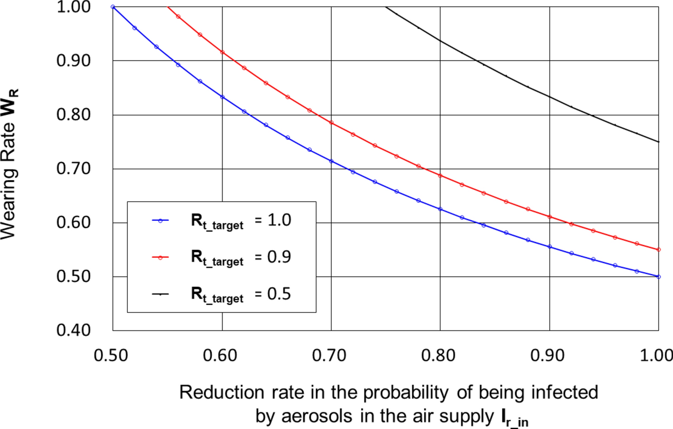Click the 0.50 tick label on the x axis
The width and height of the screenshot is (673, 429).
click(x=110, y=355)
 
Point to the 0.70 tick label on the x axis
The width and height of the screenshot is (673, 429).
click(x=329, y=355)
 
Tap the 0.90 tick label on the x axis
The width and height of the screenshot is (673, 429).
click(x=547, y=355)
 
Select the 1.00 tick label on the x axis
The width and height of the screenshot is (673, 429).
click(x=656, y=355)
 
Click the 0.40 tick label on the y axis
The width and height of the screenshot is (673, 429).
click(x=74, y=330)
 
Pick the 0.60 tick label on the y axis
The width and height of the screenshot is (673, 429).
click(x=74, y=222)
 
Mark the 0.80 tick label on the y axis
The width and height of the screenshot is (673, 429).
click(x=74, y=114)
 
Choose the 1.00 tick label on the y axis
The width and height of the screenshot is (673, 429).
click(x=74, y=7)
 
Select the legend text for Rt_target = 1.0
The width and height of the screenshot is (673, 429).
click(x=241, y=220)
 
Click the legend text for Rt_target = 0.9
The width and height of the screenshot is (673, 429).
click(x=241, y=257)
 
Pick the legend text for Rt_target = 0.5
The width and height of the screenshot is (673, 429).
click(x=241, y=294)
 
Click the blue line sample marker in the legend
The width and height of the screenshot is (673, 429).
click(x=160, y=221)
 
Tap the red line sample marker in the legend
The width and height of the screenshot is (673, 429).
click(x=160, y=257)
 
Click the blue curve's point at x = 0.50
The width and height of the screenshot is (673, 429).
click(x=113, y=7)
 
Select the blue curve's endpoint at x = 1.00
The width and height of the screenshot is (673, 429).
click(x=658, y=277)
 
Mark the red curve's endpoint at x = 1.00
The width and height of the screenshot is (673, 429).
click(x=658, y=249)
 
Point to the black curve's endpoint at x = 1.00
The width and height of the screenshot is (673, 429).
click(x=658, y=142)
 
